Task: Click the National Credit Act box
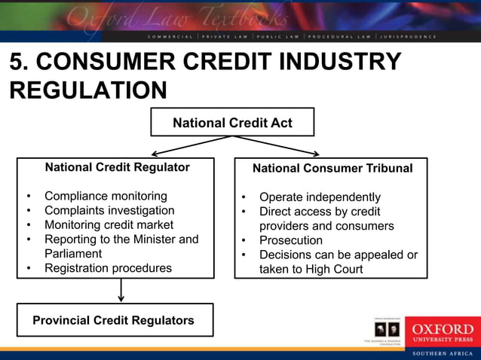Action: (232, 122)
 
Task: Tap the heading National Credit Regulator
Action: (118, 167)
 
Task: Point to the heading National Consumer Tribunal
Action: (332, 168)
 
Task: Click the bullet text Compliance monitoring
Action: (106, 197)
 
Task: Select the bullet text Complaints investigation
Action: (109, 211)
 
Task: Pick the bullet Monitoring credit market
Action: (109, 225)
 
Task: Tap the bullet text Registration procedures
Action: (108, 268)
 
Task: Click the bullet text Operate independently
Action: (320, 197)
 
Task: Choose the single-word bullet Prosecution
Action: (291, 240)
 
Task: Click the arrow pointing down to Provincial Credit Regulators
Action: (121, 291)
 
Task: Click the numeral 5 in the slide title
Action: (16, 62)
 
